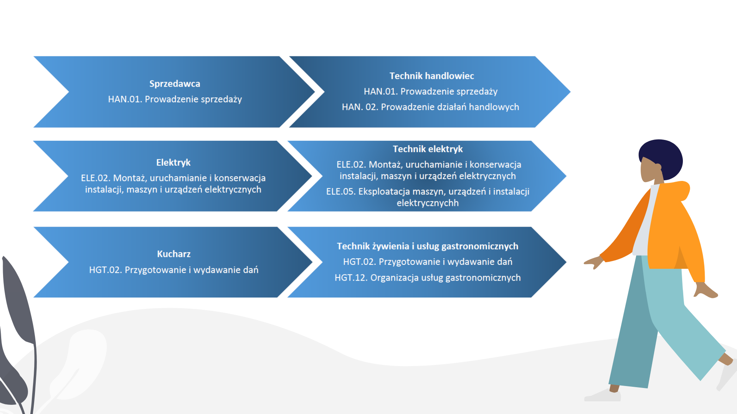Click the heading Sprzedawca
tap(175, 84)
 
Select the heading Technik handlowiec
tap(432, 76)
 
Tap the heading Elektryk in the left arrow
tap(173, 163)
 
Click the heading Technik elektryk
tap(428, 149)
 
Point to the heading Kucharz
tap(174, 254)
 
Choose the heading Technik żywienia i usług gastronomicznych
tap(428, 246)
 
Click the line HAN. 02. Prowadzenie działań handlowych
tap(430, 107)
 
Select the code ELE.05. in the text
tap(341, 192)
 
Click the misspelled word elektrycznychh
tap(428, 203)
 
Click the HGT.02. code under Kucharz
tap(106, 270)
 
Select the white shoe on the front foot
tap(603, 395)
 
